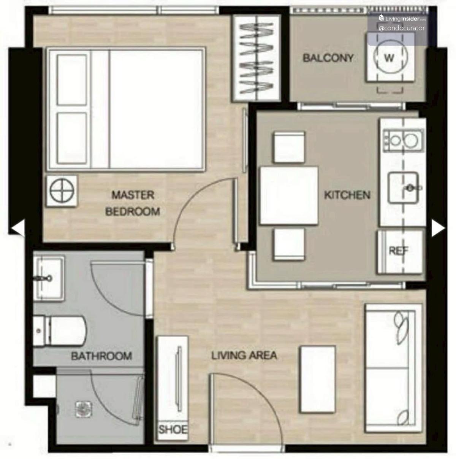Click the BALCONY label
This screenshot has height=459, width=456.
[x=328, y=58]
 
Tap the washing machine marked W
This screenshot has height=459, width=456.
[x=391, y=57]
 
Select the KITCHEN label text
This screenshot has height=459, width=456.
[x=347, y=195]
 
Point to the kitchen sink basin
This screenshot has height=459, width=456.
[x=403, y=188]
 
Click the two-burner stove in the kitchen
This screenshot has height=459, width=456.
[x=404, y=140]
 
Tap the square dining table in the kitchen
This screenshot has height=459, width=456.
[x=289, y=196]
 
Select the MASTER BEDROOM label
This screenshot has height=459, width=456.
[x=133, y=203]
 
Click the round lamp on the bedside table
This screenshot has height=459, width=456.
[x=62, y=191]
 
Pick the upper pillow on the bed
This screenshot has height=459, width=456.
[x=72, y=80]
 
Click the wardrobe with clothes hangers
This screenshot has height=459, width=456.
[x=256, y=58]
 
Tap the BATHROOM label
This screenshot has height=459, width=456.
[x=101, y=356]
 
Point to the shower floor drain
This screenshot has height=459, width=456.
[x=83, y=409]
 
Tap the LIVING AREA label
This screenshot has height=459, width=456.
[x=244, y=356]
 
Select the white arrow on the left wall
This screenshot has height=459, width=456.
[x=18, y=228]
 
